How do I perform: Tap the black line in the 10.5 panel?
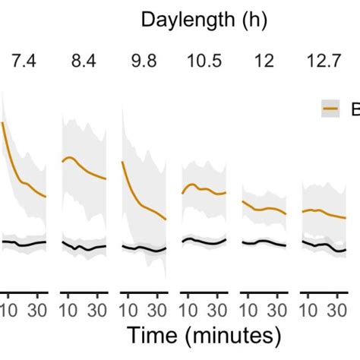tap(204, 242)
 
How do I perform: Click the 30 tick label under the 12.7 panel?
tap(338, 310)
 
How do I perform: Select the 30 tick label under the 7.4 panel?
tap(36, 310)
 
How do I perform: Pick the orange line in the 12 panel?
tap(264, 208)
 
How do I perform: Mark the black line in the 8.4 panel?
tap(84, 247)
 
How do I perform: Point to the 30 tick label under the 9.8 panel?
tap(157, 310)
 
